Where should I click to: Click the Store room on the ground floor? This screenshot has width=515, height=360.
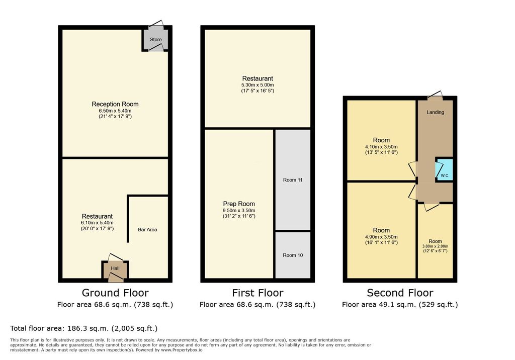tap(156, 39)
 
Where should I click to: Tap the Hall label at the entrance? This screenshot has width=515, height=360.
tap(115, 268)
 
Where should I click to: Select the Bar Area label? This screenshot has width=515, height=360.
tap(147, 230)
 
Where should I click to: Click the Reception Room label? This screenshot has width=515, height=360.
tap(115, 104)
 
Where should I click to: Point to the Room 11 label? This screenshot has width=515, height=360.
tap(293, 180)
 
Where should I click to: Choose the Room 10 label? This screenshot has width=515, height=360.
tap(293, 255)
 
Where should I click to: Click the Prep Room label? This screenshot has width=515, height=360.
tap(239, 204)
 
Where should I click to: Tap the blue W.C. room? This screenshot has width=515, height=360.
tap(444, 169)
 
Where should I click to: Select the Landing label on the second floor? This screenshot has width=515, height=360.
tap(435, 112)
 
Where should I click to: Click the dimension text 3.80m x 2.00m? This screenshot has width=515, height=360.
tap(435, 246)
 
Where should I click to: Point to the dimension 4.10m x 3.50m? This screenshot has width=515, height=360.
tap(381, 147)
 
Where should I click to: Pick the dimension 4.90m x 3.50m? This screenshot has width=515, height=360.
tap(381, 237)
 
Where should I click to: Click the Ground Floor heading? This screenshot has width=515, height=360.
tap(115, 293)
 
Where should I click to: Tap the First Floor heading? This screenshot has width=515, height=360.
tap(257, 293)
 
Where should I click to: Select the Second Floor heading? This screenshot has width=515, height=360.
tap(400, 293)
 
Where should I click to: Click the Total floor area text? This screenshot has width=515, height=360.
tap(84, 328)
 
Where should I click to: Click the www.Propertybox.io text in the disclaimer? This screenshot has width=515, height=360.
tap(182, 350)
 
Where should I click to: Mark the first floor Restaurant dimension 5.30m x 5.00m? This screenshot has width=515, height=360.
tap(257, 85)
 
